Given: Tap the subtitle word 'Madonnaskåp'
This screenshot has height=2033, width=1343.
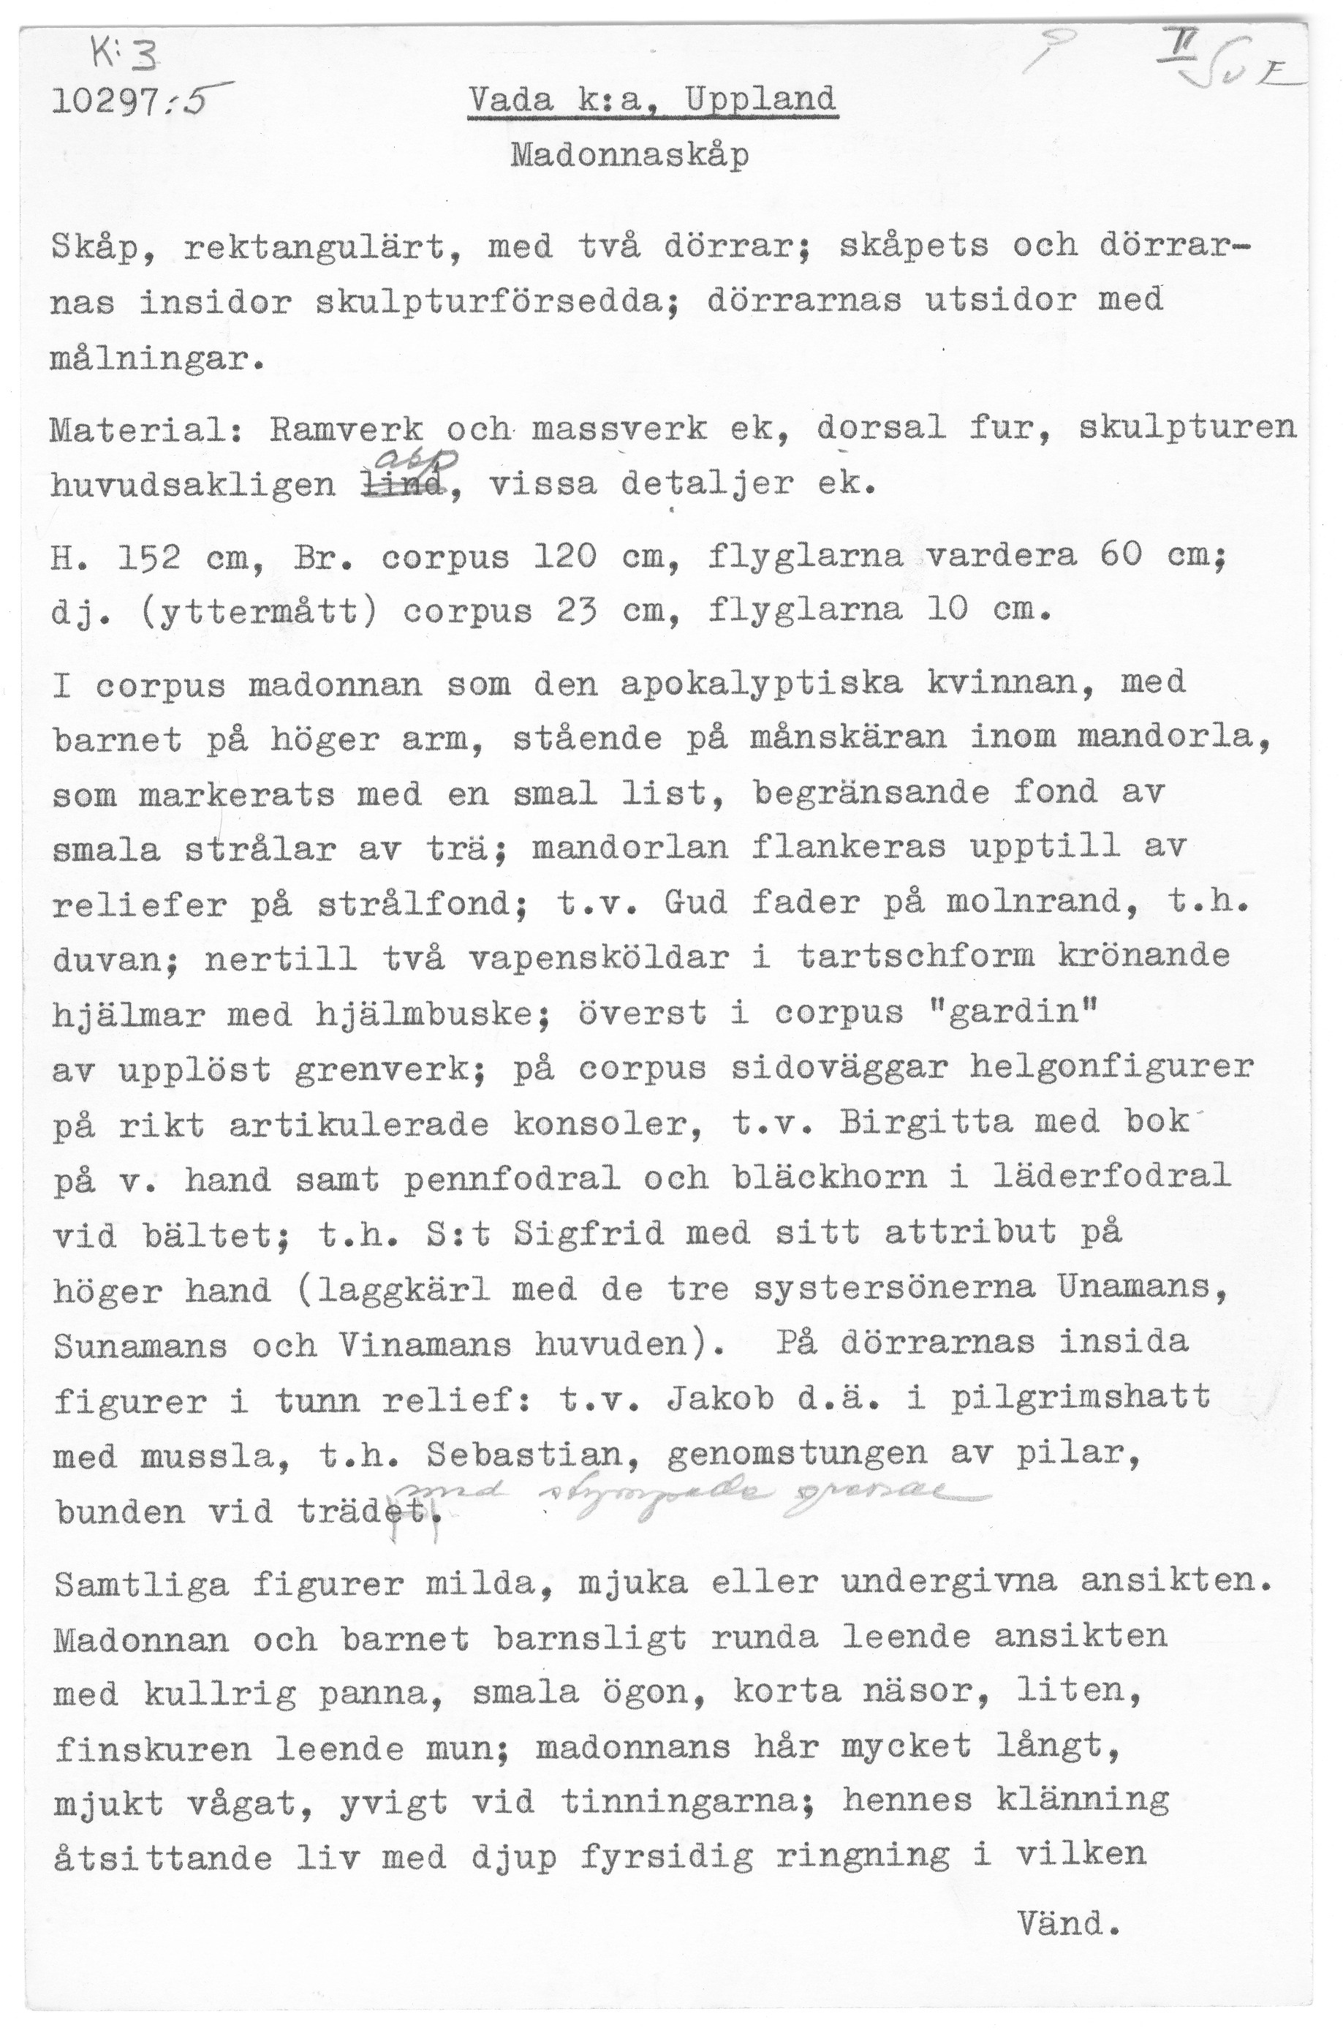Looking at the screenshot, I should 629,156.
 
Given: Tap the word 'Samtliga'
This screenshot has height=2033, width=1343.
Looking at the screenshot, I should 141,1585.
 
